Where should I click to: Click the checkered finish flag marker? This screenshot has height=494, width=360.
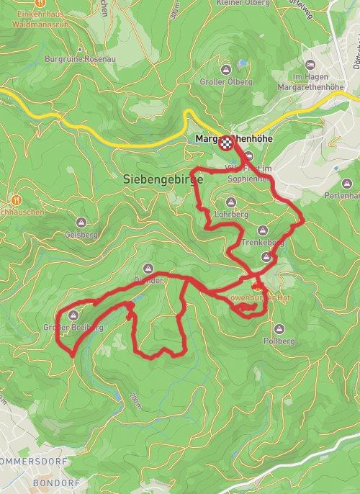227,142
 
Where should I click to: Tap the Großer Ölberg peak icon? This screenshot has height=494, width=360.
226,70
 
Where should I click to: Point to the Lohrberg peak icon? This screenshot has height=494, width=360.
231,202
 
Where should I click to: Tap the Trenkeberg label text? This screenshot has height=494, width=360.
263,243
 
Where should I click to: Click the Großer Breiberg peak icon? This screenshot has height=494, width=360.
73,315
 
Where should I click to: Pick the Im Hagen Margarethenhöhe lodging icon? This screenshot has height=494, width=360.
310,66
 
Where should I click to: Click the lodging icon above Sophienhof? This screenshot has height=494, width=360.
249,156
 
